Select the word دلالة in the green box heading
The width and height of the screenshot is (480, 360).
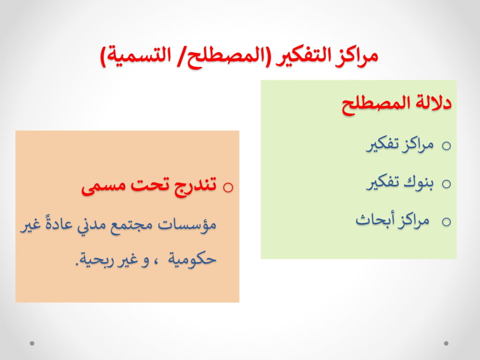(433, 103)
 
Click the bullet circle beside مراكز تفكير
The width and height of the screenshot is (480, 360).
(446, 146)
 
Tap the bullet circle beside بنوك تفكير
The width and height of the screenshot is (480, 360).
(446, 184)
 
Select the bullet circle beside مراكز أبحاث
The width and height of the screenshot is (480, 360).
(446, 222)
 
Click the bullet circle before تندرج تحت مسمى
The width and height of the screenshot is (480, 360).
(228, 187)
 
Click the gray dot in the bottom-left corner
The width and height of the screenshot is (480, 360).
(32, 343)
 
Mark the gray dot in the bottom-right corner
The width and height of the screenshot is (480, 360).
(446, 343)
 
